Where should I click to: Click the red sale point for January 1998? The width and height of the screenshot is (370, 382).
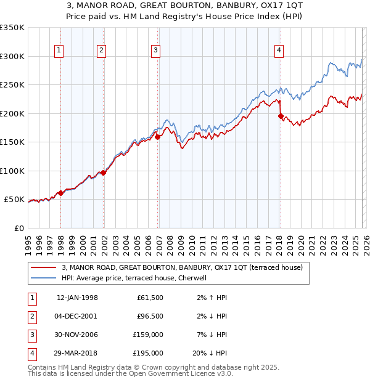click(60, 193)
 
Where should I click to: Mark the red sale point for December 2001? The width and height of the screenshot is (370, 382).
click(103, 173)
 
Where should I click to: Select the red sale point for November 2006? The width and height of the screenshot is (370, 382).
click(158, 137)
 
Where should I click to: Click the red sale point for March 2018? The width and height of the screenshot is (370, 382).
click(281, 116)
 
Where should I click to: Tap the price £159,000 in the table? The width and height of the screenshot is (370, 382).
click(149, 336)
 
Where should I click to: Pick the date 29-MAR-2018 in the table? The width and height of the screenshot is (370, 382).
click(77, 353)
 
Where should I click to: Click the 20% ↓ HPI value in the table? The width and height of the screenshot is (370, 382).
click(210, 353)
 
